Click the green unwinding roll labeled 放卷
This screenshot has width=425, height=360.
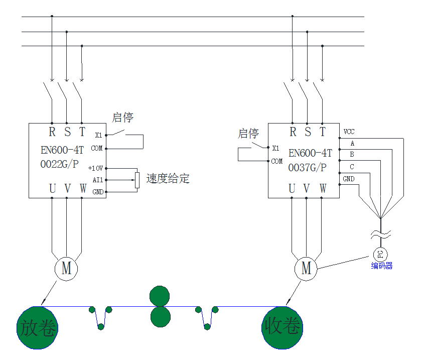[38, 327]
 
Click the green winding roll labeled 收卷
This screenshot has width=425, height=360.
[282, 327]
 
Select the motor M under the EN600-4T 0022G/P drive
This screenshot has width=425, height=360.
[66, 268]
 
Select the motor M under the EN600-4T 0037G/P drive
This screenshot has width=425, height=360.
[306, 268]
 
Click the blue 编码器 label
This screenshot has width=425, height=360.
[381, 266]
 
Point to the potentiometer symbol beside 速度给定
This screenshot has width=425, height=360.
[136, 180]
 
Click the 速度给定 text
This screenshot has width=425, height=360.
[168, 178]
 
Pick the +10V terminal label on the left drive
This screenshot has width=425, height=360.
[95, 168]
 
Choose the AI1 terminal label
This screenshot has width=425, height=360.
[97, 180]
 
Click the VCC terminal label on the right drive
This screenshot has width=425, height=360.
[349, 132]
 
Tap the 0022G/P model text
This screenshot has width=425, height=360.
[59, 164]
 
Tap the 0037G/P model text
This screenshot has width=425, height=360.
[307, 168]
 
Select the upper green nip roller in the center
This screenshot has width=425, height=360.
[160, 296]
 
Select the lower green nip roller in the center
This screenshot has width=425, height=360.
[160, 316]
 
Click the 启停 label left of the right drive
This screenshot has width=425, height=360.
[248, 134]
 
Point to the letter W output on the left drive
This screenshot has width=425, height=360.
[83, 189]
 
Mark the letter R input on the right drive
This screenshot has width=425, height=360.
[293, 132]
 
